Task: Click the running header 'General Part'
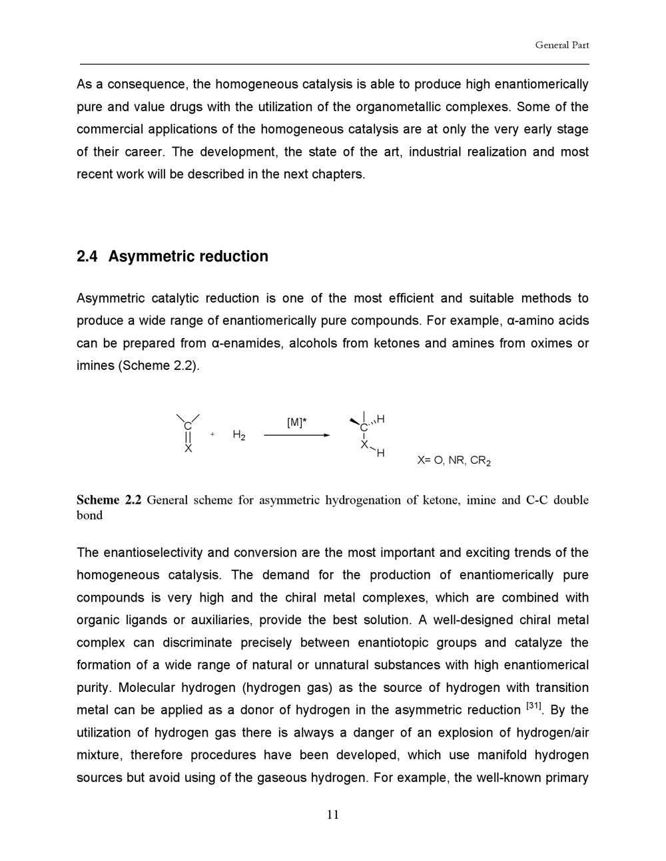561,45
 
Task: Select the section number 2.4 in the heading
87,257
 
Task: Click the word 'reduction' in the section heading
234,257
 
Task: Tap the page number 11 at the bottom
333,815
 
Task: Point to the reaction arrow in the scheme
296,435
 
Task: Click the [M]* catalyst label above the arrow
296,423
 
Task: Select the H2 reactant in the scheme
239,435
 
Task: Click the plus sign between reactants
212,434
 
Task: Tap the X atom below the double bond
188,449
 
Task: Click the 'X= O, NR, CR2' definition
454,460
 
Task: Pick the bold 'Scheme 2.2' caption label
109,500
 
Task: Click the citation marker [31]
533,706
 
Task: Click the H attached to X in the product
380,453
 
